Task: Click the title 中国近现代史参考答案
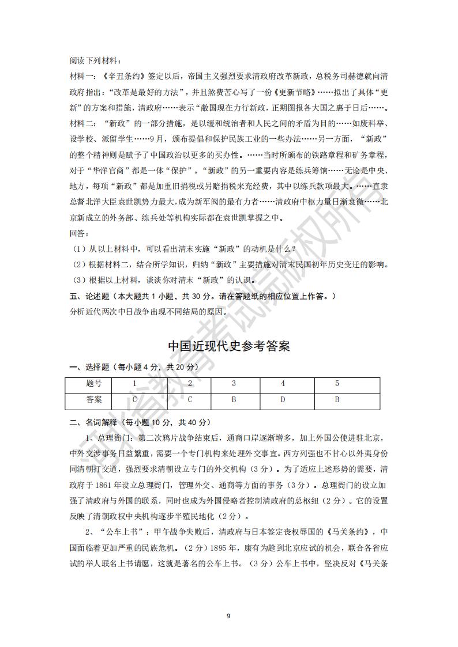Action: click(228, 346)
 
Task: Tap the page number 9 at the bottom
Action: click(228, 616)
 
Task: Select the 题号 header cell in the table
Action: click(93, 384)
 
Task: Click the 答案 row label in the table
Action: click(93, 399)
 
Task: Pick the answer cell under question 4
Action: click(283, 399)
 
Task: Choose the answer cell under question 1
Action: click(134, 399)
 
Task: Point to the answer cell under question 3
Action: click(234, 399)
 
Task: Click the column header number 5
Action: click(337, 384)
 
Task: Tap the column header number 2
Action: click(190, 384)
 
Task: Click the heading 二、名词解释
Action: click(92, 422)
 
